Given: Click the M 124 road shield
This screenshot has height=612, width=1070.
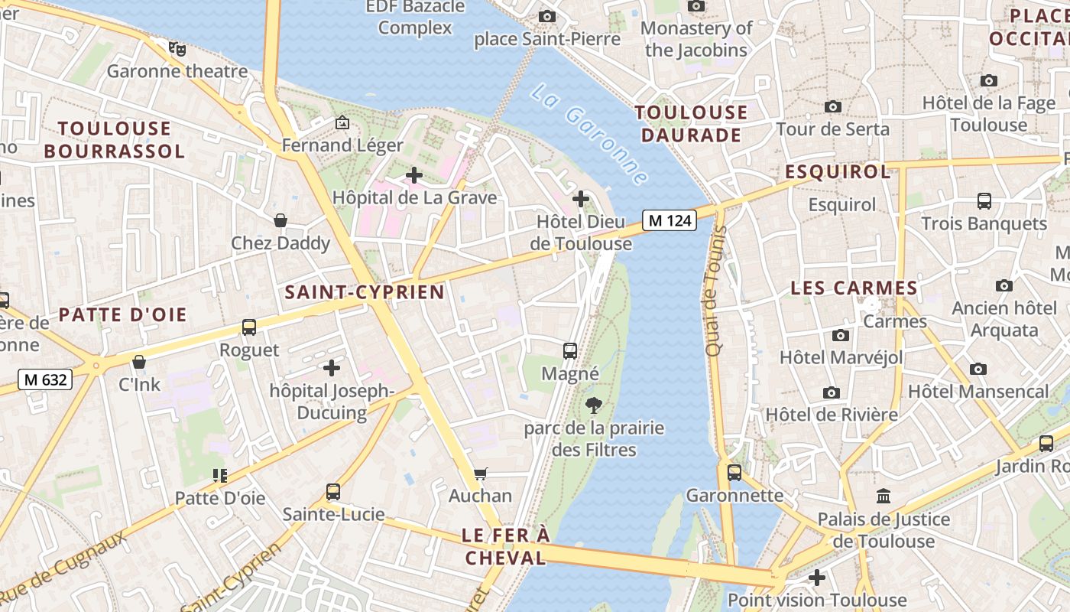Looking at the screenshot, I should (670, 221).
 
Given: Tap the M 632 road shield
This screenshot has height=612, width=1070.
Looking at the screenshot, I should (45, 379).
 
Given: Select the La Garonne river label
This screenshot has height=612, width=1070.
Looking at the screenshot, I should (588, 134).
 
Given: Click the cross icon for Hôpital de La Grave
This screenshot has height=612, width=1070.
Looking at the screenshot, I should (413, 175).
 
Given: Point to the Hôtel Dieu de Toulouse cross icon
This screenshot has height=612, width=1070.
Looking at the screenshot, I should (581, 200).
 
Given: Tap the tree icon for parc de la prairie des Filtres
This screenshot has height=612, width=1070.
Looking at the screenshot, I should (592, 405).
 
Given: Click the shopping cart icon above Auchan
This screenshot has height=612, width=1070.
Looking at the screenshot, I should (480, 474).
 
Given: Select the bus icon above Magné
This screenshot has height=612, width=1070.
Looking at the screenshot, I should (570, 351).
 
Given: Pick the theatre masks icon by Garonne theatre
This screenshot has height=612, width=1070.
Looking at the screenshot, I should (178, 49).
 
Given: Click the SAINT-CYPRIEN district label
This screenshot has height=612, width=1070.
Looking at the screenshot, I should (364, 292).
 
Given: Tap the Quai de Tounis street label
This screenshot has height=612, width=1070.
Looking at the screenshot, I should (714, 291).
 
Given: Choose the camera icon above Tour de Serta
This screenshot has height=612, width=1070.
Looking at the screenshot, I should (833, 107).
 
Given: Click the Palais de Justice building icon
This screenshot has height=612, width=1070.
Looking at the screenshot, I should (884, 496).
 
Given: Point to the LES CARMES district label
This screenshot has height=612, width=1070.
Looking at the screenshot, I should (854, 288).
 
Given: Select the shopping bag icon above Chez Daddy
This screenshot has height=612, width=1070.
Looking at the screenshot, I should (280, 221).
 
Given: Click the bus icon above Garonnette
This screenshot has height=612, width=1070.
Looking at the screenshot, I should (734, 473).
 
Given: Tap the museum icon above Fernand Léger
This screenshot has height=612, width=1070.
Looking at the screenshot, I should (342, 122).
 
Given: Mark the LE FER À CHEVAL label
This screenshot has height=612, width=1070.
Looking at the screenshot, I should (506, 546).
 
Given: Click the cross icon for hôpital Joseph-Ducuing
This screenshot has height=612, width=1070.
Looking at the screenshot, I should (332, 368).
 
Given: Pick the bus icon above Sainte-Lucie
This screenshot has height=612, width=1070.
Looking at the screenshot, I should (332, 491).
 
